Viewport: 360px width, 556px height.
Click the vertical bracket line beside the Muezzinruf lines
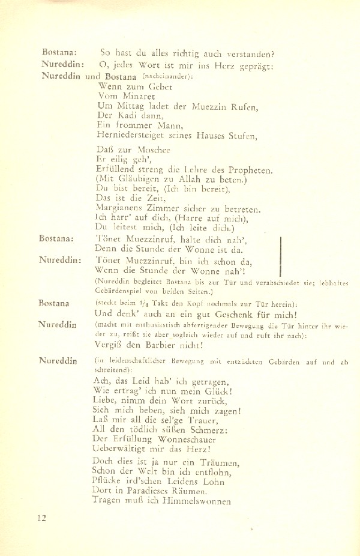pyautogui.click(x=281, y=252)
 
